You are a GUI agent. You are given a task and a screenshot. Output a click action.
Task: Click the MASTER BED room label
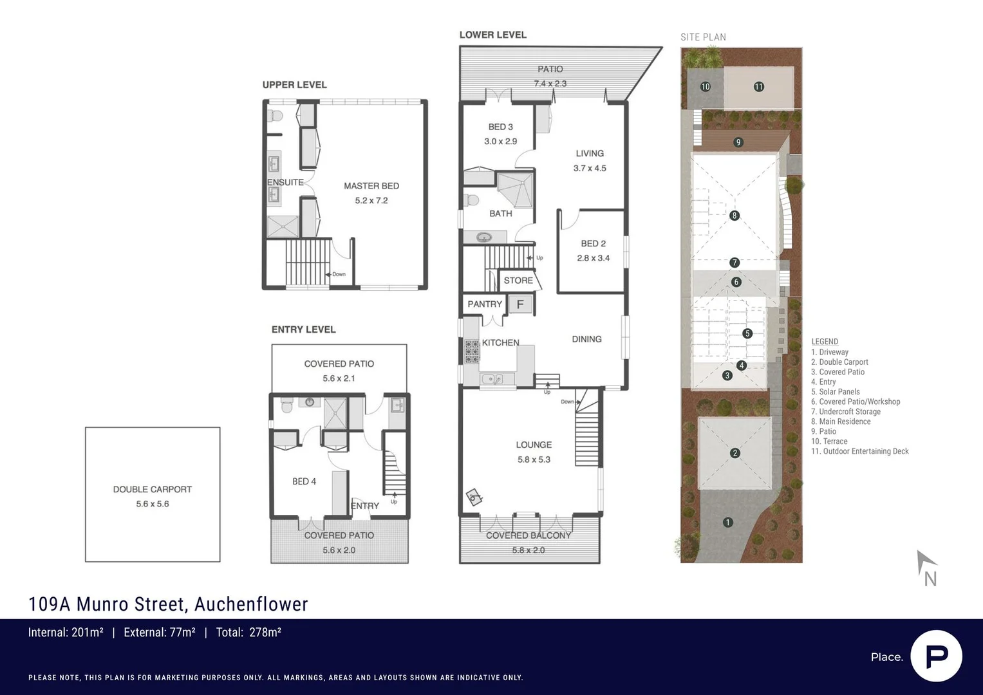pyautogui.click(x=371, y=186)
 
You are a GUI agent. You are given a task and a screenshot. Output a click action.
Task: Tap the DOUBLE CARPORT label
pyautogui.click(x=153, y=489)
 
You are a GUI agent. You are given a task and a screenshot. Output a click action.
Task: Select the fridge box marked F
pyautogui.click(x=520, y=304)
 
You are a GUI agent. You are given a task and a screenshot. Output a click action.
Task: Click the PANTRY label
pyautogui.click(x=485, y=304)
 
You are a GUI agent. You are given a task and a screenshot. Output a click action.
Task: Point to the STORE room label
pyautogui.click(x=518, y=281)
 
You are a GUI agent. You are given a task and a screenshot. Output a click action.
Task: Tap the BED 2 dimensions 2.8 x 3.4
pyautogui.click(x=593, y=258)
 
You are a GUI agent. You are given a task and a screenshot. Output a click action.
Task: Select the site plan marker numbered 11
pyautogui.click(x=759, y=87)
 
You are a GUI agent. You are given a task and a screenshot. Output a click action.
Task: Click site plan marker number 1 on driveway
pyautogui.click(x=727, y=523)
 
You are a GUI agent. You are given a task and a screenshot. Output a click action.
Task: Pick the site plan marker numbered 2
pyautogui.click(x=735, y=453)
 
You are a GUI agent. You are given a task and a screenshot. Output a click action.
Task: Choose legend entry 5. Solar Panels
pyautogui.click(x=835, y=392)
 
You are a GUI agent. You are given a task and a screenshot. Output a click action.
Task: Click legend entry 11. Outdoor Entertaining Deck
pyautogui.click(x=859, y=452)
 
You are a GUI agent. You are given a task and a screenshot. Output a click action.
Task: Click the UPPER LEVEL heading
pyautogui.click(x=294, y=85)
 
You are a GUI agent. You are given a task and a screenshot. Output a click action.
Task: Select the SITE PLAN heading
pyautogui.click(x=703, y=37)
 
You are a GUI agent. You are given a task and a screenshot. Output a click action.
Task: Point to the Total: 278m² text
pyautogui.click(x=248, y=633)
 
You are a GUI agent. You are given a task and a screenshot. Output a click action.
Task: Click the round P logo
pyautogui.click(x=936, y=656)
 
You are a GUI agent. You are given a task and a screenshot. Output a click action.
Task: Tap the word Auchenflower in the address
pyautogui.click(x=251, y=604)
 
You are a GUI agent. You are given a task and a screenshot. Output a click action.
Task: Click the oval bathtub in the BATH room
pyautogui.click(x=484, y=238)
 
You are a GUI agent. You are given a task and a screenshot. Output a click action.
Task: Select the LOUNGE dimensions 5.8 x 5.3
pyautogui.click(x=534, y=459)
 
